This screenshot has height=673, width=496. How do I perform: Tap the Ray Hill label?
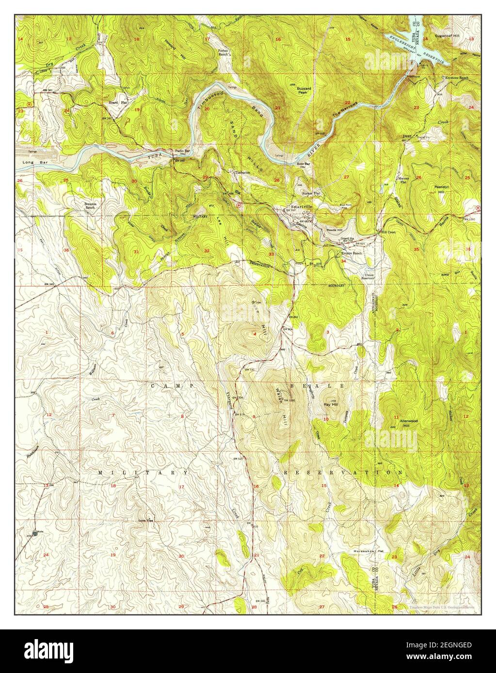pos(331,404)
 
